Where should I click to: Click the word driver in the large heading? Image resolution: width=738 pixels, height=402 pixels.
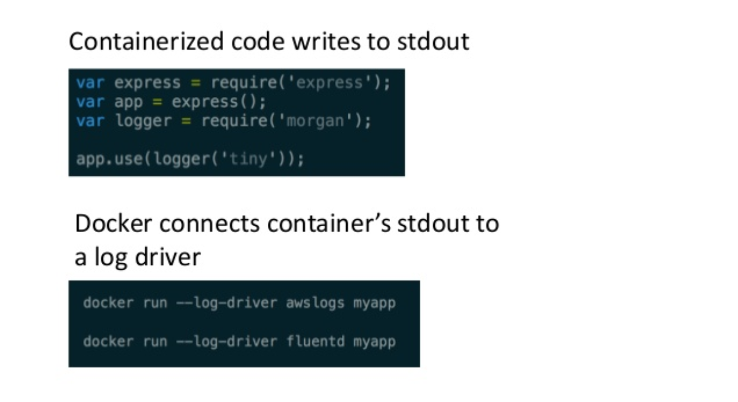171,257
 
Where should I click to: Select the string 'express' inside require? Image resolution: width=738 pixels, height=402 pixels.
330,82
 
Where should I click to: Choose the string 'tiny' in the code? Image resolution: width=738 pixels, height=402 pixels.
249,159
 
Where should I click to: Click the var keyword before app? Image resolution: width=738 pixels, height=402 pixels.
90,102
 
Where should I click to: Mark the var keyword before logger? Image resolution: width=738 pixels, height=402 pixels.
90,122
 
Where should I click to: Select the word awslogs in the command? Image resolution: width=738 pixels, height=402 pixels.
315,303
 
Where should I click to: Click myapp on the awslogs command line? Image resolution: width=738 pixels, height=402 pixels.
374,303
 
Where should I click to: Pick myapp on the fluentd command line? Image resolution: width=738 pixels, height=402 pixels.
374,341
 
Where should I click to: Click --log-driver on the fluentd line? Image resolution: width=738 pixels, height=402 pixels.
227,341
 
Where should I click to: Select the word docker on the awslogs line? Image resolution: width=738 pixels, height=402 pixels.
108,303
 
